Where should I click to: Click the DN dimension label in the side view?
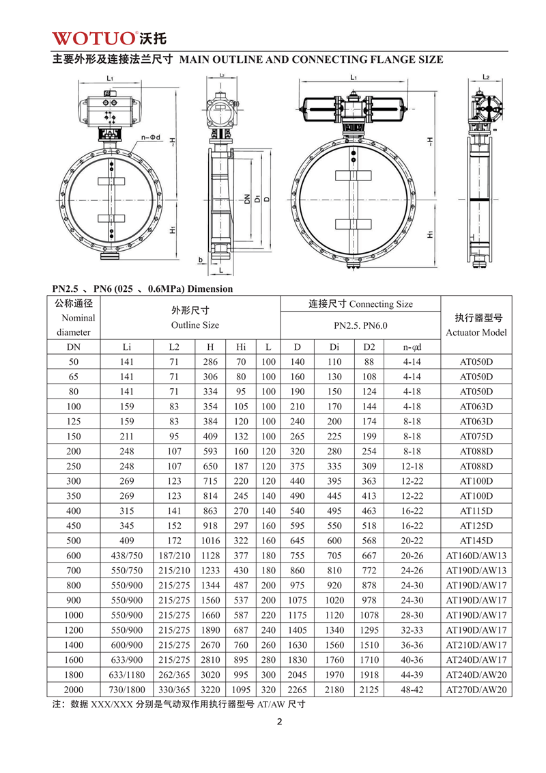click(x=246, y=200)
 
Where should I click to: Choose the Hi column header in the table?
click(x=240, y=347)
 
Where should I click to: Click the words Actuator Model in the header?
click(x=476, y=332)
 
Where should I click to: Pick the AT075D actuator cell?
click(x=476, y=436)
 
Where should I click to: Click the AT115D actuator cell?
click(x=476, y=511)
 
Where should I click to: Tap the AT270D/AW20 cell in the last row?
click(x=476, y=690)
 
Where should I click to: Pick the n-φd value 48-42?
click(x=411, y=690)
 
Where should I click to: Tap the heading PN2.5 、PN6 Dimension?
click(x=143, y=288)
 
